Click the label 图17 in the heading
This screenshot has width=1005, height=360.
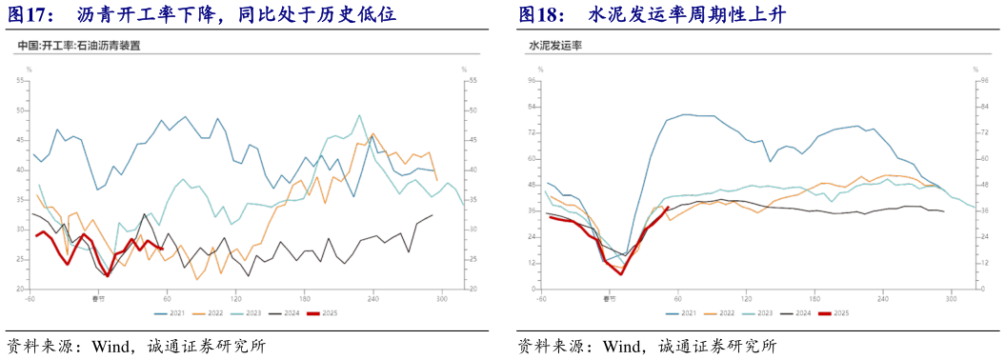point(29,14)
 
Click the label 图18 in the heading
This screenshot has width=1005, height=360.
point(539,14)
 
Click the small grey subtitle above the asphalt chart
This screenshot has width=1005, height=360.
point(79,45)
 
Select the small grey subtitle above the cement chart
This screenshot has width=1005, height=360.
point(556,45)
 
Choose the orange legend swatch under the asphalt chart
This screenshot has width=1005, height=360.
point(200,312)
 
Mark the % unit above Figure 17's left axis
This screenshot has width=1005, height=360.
point(29,70)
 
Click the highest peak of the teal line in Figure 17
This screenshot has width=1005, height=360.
point(360,115)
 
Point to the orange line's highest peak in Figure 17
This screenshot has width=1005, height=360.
point(372,133)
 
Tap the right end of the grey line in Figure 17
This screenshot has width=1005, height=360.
point(432,215)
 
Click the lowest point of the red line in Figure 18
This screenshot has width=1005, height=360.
point(621,274)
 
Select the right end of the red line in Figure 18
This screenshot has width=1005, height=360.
point(668,207)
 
